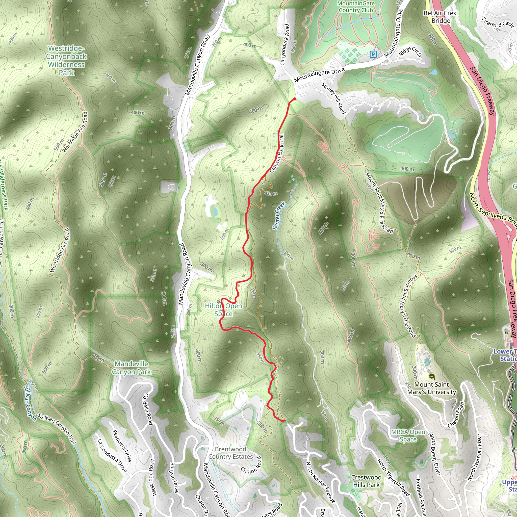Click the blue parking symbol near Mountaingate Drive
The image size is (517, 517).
pyautogui.click(x=373, y=55)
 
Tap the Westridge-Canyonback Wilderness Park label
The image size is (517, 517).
pyautogui.click(x=66, y=61)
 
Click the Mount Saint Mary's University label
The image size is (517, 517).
pyautogui.click(x=431, y=388)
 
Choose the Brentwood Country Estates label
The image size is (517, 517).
pyautogui.click(x=230, y=453)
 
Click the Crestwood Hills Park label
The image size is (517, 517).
pyautogui.click(x=366, y=481)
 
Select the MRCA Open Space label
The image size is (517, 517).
pyautogui.click(x=408, y=435)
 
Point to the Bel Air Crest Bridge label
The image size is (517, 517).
pyautogui.click(x=441, y=17)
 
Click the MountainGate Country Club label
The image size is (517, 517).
pyautogui.click(x=356, y=7)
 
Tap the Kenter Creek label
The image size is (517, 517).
pyautogui.click(x=279, y=216)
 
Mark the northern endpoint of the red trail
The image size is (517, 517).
pyautogui.click(x=295, y=99)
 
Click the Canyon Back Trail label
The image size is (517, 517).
pyautogui.click(x=277, y=153)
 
